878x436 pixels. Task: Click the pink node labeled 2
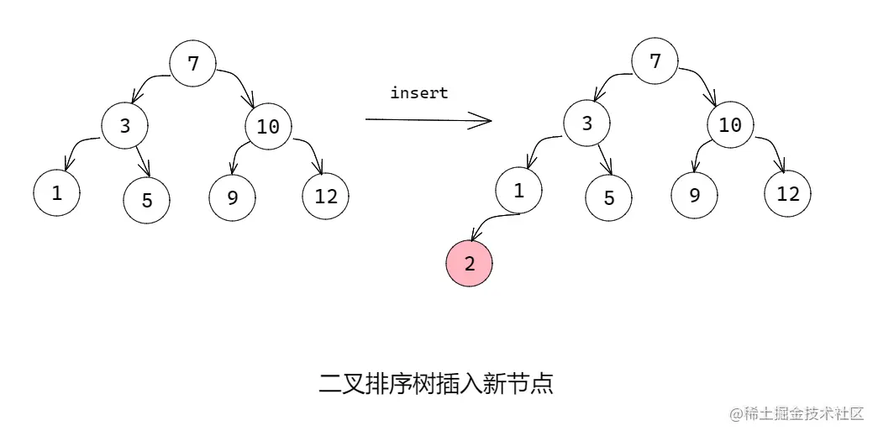click(x=469, y=263)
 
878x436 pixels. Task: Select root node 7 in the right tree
click(x=655, y=61)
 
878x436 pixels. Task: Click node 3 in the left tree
click(x=125, y=126)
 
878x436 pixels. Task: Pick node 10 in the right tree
click(x=730, y=125)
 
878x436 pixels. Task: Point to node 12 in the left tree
click(x=325, y=197)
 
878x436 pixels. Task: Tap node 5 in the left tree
click(x=146, y=200)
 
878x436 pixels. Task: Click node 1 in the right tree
click(x=518, y=191)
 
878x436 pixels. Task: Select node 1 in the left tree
click(x=56, y=192)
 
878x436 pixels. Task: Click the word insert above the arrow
click(x=419, y=93)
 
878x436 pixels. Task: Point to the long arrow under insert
click(x=428, y=120)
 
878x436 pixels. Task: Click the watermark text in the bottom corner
click(x=797, y=413)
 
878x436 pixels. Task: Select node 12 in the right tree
click(x=787, y=194)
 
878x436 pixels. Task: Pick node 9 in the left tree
click(x=232, y=198)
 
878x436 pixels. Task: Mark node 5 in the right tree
click(x=609, y=198)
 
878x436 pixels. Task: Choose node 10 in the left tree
click(x=268, y=127)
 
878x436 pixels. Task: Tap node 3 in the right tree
click(x=586, y=123)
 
